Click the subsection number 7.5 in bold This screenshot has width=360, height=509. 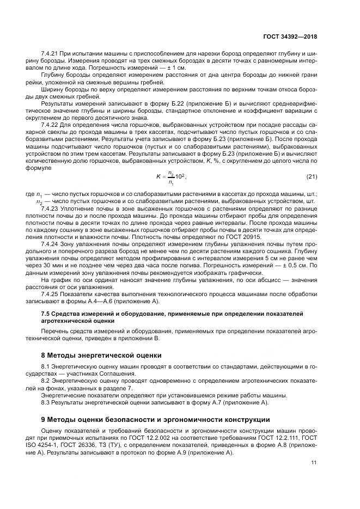coord(46,314)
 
